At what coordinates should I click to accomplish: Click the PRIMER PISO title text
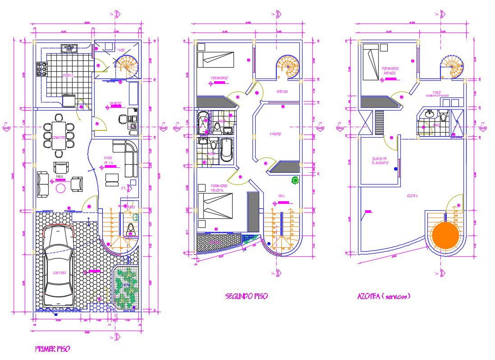click(x=52, y=349)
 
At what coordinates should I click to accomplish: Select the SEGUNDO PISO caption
click(x=246, y=296)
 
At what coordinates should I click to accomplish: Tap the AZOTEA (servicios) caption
click(x=383, y=296)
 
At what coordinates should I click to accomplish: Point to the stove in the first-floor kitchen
click(x=42, y=69)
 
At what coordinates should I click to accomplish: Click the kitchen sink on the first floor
click(x=70, y=46)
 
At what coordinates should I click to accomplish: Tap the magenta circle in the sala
click(x=60, y=188)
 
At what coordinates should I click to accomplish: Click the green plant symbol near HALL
click(x=295, y=180)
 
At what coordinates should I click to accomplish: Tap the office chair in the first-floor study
click(x=123, y=119)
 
